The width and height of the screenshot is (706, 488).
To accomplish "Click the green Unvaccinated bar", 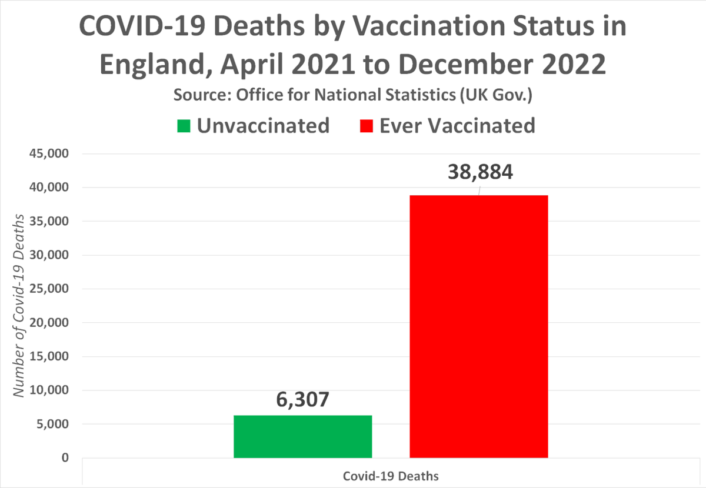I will coord(302,436).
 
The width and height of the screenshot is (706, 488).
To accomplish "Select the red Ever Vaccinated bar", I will coord(479,326).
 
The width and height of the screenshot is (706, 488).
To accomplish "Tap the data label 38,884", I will coord(480,172).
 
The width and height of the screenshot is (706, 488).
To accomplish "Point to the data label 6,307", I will coord(302,400).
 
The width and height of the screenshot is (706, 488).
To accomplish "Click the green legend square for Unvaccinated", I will coord(184,126).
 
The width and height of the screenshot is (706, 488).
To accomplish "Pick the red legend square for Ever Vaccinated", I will coord(367,126).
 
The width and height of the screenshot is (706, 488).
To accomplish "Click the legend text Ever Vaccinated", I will coord(457,125).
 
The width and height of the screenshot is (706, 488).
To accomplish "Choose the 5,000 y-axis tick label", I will coord(52,425).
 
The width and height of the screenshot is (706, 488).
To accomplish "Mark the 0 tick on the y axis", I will coord(65,458).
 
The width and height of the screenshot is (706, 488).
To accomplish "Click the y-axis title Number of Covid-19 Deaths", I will coord(20,306).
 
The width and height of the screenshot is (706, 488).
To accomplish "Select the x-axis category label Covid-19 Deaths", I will coord(391,476).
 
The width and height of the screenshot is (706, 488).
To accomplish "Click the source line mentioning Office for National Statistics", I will coord(353,96).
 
